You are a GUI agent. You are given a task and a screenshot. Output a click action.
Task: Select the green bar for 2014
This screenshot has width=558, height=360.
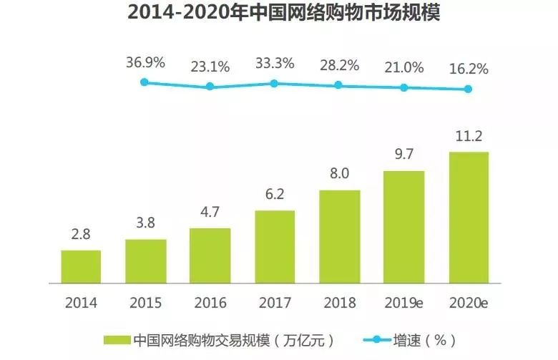pos(81,267)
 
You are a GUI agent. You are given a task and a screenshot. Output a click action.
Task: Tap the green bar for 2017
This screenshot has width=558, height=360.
pos(275,247)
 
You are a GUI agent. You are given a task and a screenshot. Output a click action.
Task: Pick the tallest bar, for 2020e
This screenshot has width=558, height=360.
pos(469,218)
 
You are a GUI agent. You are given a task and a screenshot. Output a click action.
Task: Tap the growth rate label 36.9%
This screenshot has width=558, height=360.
pos(145,62)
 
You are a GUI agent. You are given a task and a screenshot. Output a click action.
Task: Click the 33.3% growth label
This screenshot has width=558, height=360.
pos(275,64)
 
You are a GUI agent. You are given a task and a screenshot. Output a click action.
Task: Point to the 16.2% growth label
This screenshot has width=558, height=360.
pos(469,69)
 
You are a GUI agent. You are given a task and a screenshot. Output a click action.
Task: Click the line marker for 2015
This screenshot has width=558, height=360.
pos(145,82)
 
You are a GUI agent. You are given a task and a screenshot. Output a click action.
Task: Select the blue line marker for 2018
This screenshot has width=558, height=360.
pos(339,85)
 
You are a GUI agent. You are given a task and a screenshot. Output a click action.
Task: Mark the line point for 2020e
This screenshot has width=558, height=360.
pos(469,89)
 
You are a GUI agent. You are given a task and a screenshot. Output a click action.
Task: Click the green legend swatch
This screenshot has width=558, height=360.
pos(117,339)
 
